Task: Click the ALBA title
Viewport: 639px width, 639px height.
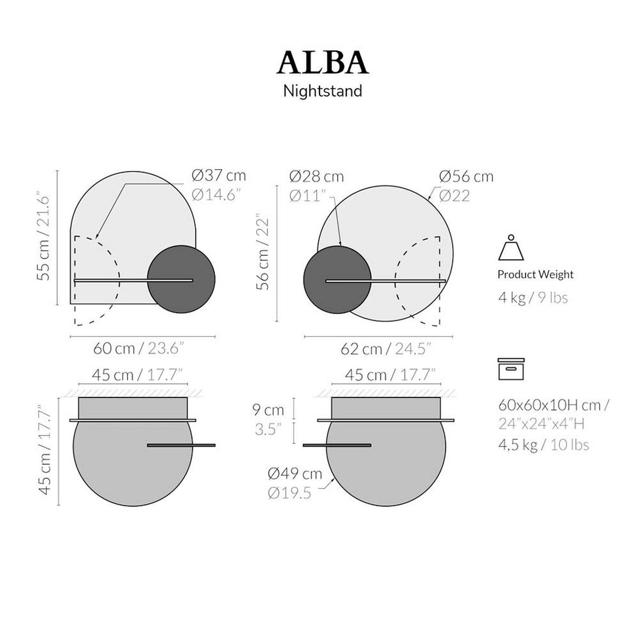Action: [x=322, y=62]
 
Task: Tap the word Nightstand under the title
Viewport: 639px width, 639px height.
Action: [x=322, y=91]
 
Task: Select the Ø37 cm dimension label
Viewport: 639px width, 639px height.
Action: [x=219, y=175]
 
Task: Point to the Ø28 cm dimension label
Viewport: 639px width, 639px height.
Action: [x=316, y=176]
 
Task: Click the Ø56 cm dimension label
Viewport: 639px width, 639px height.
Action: [x=466, y=176]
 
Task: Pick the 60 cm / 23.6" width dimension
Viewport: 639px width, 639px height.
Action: [x=138, y=348]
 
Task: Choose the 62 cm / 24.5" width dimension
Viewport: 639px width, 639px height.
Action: [x=386, y=349]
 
